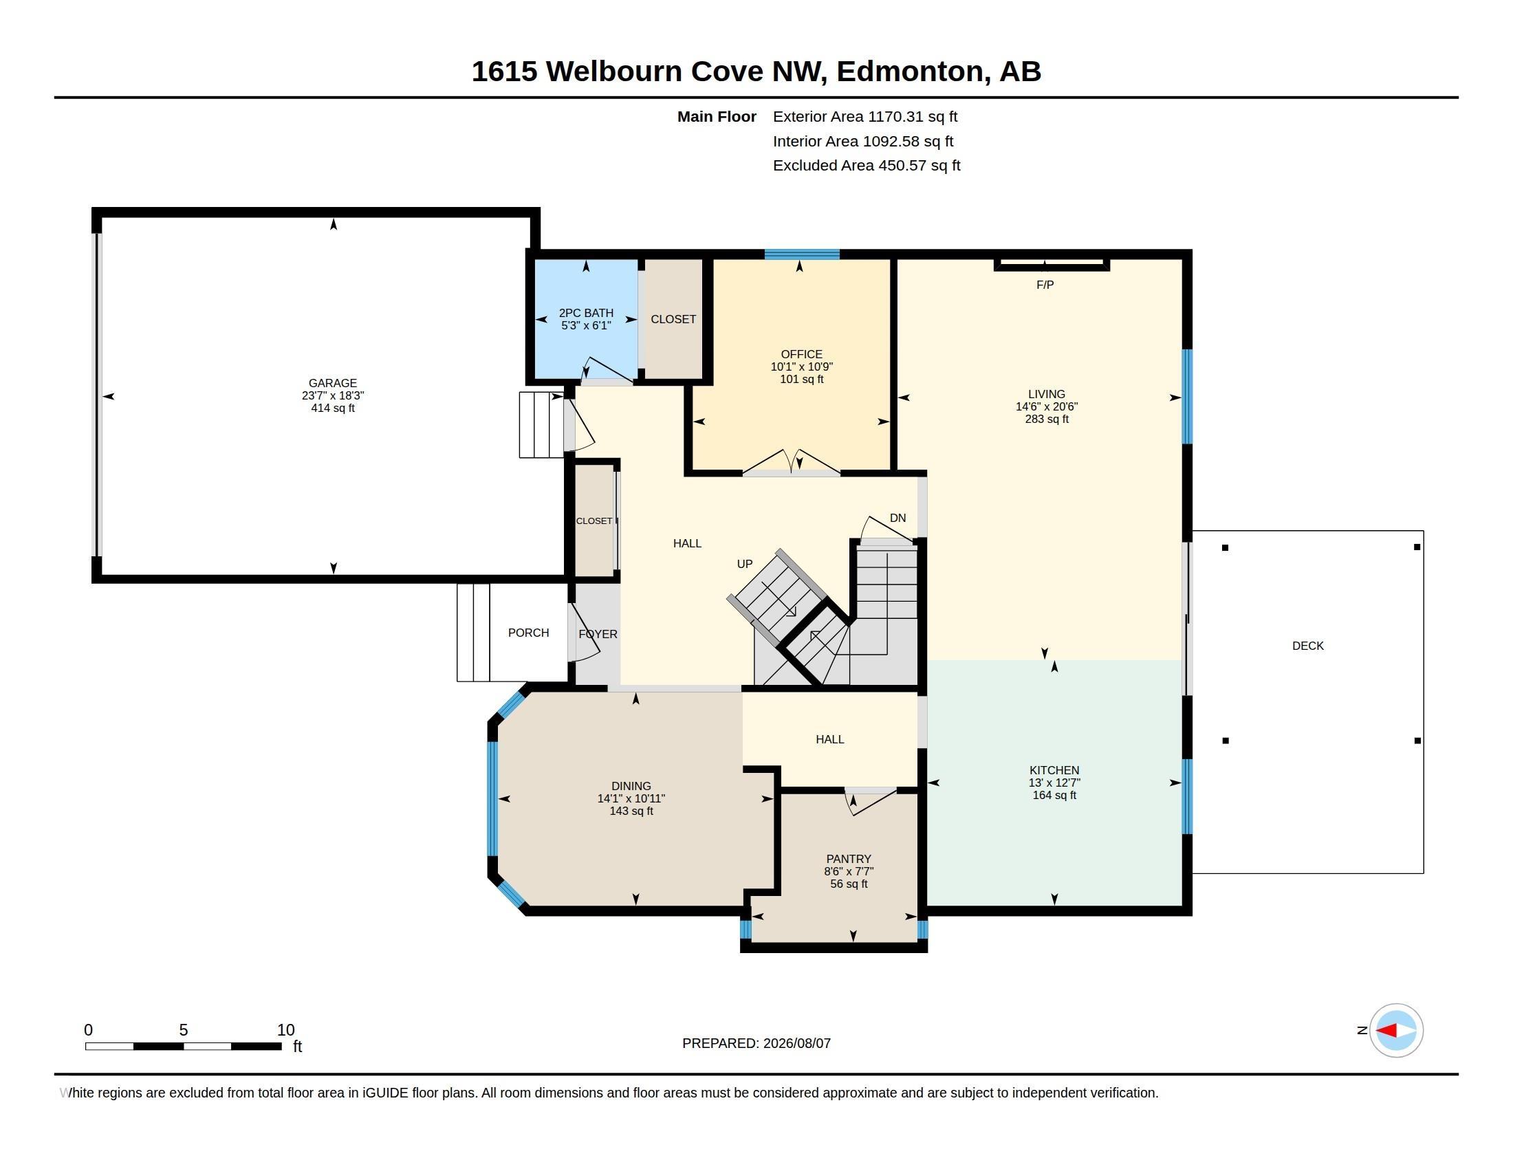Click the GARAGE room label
333,383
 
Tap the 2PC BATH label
586,313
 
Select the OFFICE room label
801,355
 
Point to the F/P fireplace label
1045,285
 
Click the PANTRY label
849,859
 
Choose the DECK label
1308,646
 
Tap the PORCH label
529,632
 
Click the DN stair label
897,518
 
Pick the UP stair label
745,564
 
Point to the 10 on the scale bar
285,1030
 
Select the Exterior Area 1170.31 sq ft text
865,117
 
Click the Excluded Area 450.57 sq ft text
867,166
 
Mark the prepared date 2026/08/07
796,1043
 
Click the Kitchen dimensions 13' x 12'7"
1054,783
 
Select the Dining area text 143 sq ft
631,811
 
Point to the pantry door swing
871,802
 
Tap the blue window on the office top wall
802,254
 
